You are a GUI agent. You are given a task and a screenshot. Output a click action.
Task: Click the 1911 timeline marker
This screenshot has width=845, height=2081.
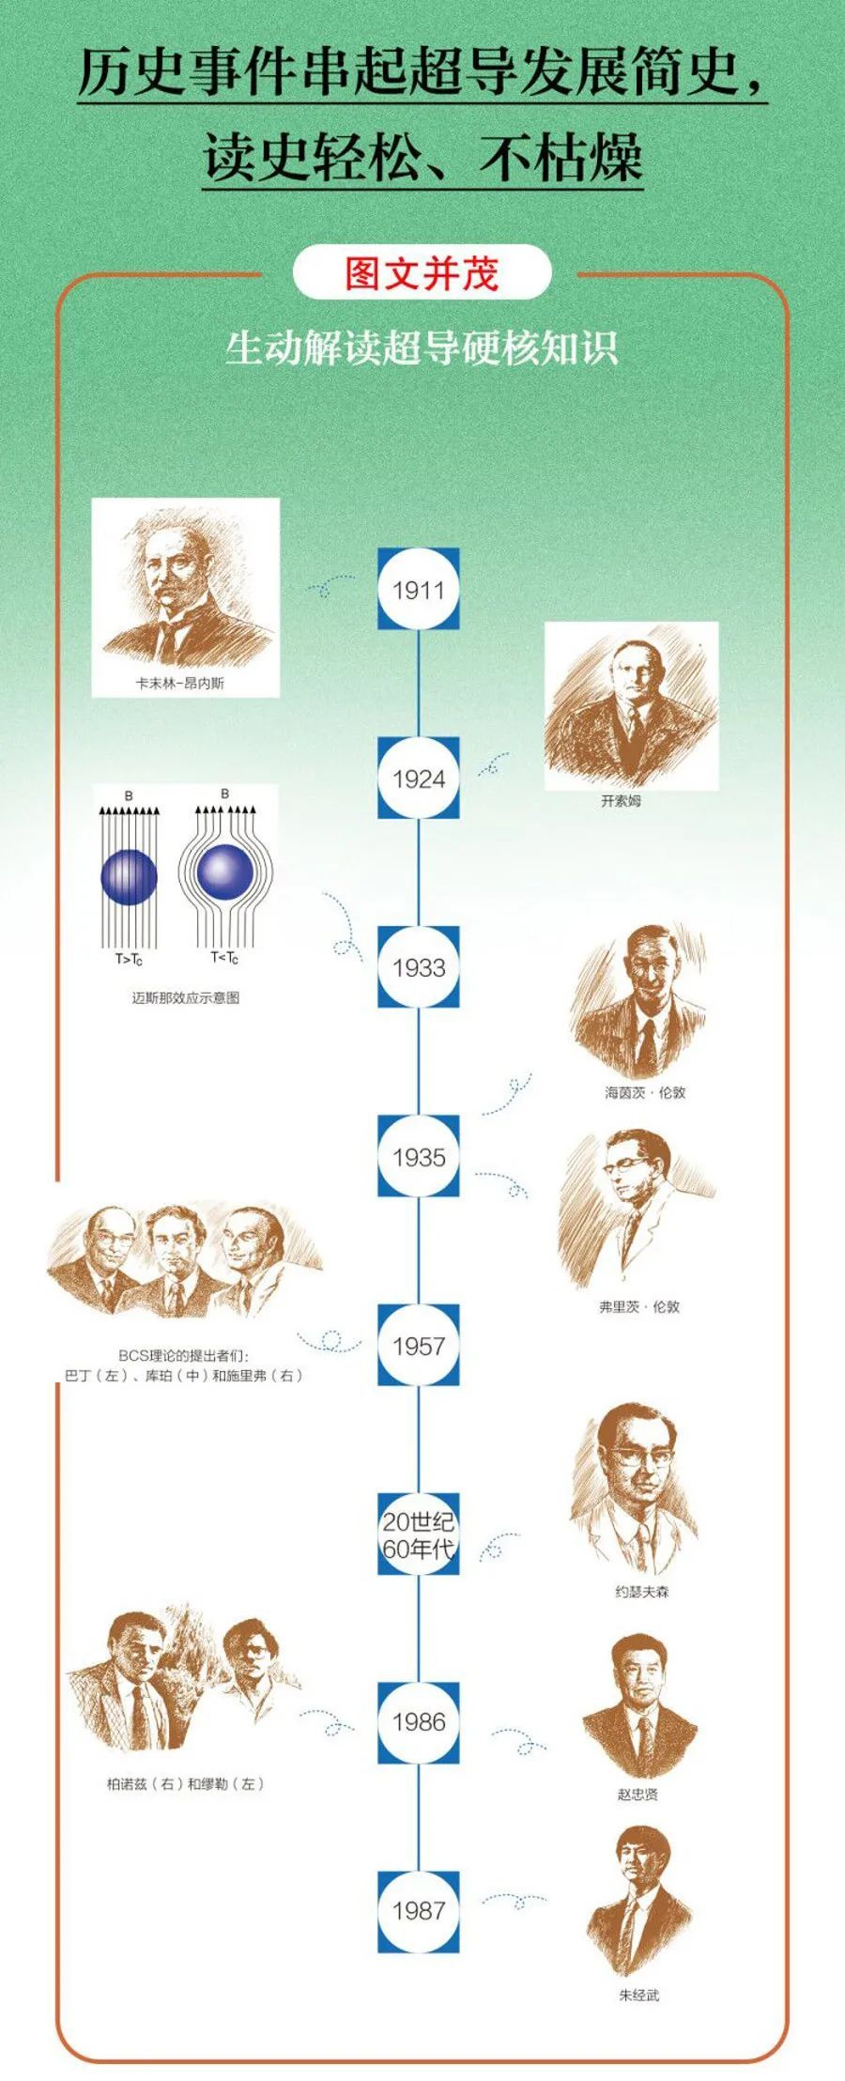pos(419,590)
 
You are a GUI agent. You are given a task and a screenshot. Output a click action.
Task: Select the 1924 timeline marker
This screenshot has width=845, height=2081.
pos(419,778)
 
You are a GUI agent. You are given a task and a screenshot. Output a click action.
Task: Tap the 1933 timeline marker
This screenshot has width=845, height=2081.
pos(419,967)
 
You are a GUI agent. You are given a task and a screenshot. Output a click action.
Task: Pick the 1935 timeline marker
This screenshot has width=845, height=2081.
pos(419,1157)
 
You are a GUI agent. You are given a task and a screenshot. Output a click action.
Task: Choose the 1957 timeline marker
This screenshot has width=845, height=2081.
pos(419,1346)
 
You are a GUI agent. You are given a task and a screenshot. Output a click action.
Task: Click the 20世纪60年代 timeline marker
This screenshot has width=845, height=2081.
pos(419,1534)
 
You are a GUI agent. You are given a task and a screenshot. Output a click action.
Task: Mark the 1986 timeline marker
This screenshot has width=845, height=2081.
pos(419,1722)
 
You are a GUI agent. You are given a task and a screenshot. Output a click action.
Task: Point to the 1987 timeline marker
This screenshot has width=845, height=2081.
pos(419,1911)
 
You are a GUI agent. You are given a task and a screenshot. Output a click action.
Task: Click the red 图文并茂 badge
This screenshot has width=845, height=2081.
pos(422,273)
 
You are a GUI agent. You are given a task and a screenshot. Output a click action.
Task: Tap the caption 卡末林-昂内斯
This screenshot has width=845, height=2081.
pos(179,684)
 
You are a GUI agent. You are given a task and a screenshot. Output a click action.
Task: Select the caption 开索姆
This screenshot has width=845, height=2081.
pos(621,801)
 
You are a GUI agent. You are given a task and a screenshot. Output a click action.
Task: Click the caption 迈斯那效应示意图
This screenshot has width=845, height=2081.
pos(186,997)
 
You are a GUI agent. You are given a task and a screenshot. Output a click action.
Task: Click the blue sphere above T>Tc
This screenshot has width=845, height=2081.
pos(129,876)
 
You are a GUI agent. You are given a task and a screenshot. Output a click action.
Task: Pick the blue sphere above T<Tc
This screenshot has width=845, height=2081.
pos(224,871)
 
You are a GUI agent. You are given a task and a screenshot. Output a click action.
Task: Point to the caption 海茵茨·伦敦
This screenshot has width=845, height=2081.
pos(645,1092)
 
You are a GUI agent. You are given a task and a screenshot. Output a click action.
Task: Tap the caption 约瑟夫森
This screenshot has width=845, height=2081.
pos(642,1592)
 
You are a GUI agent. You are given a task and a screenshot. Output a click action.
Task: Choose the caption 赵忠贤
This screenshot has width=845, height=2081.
pos(638,1795)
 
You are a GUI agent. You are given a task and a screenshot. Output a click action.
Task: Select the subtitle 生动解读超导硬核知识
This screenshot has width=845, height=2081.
pos(422,348)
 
